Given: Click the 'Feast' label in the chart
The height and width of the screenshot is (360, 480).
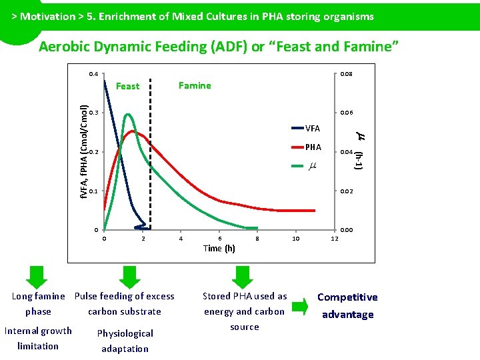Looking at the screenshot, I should pyautogui.click(x=127, y=86).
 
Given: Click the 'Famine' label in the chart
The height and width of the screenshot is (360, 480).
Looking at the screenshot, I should pyautogui.click(x=195, y=85).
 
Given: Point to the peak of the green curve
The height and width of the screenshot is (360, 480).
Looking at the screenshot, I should pyautogui.click(x=127, y=115).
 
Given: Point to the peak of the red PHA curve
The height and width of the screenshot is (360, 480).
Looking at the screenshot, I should pyautogui.click(x=134, y=131).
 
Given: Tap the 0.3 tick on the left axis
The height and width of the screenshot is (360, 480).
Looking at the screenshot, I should pyautogui.click(x=93, y=113).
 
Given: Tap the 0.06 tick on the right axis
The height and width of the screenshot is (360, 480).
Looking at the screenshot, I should pyautogui.click(x=346, y=113).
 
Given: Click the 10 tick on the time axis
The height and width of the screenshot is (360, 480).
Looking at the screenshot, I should pyautogui.click(x=296, y=238).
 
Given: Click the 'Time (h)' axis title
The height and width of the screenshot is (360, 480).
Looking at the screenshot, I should pyautogui.click(x=219, y=248).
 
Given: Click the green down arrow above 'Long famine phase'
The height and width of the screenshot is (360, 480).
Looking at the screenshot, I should pyautogui.click(x=38, y=276).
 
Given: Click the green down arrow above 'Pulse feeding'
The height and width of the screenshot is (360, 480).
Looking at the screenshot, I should pyautogui.click(x=130, y=276).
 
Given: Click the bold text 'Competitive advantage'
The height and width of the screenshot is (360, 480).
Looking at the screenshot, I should pyautogui.click(x=347, y=306).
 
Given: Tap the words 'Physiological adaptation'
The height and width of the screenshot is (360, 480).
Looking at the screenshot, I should pyautogui.click(x=125, y=341).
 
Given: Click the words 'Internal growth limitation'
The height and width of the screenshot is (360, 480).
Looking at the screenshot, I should pyautogui.click(x=38, y=338).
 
